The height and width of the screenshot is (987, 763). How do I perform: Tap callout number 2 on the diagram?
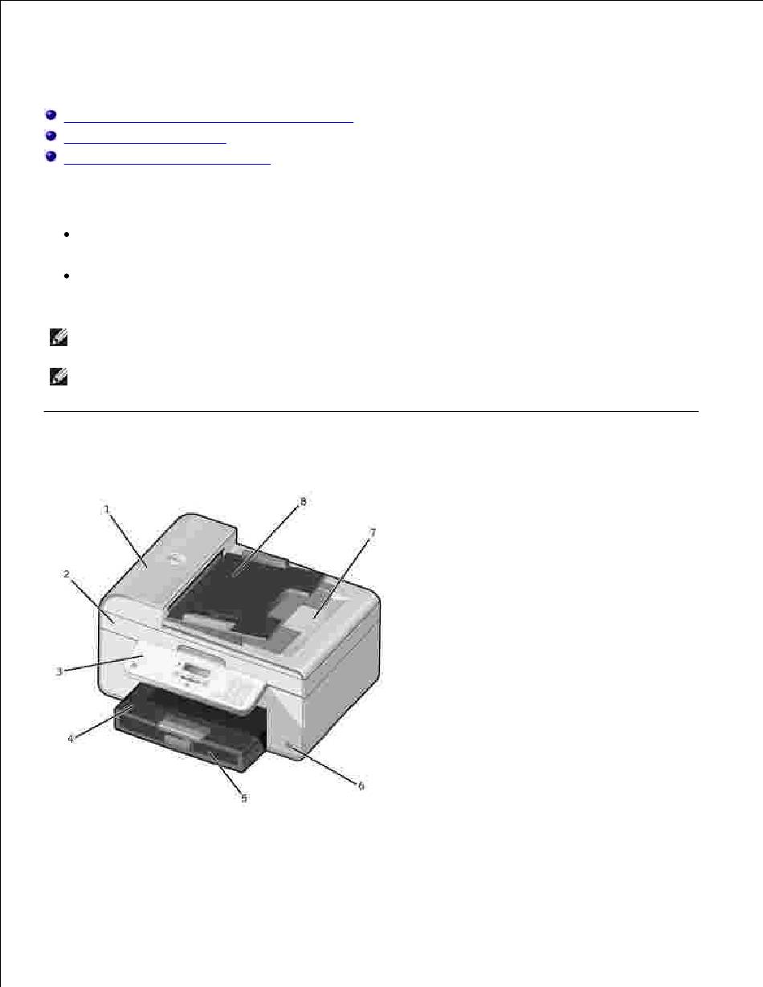coord(67,574)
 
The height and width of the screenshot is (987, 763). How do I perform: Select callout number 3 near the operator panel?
coord(59,671)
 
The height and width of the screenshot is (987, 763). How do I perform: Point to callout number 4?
coord(71,739)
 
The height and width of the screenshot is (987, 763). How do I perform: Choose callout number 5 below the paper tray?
coord(244,798)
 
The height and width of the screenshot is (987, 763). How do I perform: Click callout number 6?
coord(361,785)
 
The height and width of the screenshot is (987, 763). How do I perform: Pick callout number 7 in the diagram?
coord(373,532)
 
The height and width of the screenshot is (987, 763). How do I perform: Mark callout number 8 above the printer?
coord(303,501)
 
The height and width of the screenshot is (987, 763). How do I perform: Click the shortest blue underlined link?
coord(145,143)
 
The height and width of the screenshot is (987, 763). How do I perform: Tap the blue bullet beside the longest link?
coord(51,115)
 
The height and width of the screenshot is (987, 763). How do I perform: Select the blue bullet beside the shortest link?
coord(51,136)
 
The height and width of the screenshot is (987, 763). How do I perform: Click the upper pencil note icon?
coord(59,338)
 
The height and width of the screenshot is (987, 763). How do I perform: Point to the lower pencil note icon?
coord(59,377)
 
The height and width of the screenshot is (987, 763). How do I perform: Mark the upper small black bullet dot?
coord(67,235)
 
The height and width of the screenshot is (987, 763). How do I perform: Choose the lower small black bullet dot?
coord(67,275)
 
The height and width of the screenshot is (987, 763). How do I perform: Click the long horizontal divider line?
coord(371,411)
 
